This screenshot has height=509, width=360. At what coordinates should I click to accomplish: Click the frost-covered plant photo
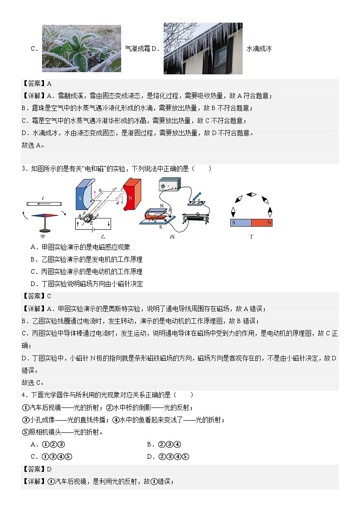coord(82,48)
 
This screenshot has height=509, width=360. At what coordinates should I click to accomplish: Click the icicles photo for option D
coord(203,48)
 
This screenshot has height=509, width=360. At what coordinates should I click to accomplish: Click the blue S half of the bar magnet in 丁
coord(241,223)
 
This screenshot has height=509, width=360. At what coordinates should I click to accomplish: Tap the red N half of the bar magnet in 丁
coord(262,223)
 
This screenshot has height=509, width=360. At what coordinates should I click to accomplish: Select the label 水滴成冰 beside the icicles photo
coord(259,48)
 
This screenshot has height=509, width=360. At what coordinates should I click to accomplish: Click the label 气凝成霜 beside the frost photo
coord(137,48)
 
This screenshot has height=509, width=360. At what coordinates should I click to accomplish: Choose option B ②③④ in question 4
coord(164,444)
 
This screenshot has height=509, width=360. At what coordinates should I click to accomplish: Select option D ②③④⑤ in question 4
coord(168,456)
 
